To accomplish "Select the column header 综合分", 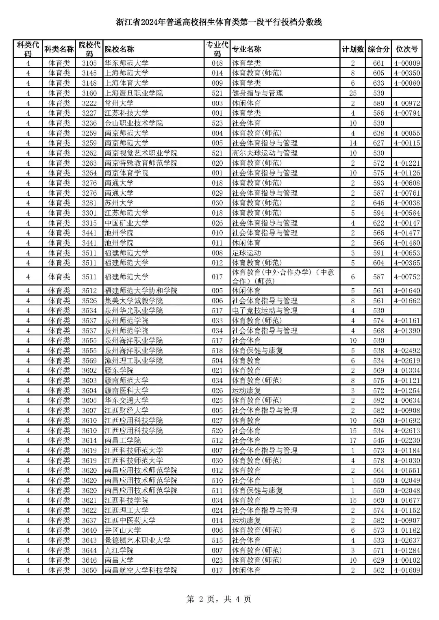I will click(x=378, y=49).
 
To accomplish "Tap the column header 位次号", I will click(x=407, y=49).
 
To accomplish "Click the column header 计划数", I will click(x=352, y=49).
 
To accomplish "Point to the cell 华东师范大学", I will click(x=127, y=63).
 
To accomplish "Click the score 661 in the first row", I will click(x=378, y=63).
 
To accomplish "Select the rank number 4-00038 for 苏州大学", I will click(x=407, y=203).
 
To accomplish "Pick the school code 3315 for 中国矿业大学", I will click(x=89, y=223).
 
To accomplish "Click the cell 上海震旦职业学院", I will click(x=134, y=93).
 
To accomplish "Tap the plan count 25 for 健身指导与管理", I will click(x=352, y=93).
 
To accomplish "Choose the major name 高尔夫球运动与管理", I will click(x=265, y=153).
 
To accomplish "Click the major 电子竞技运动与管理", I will click(x=265, y=311).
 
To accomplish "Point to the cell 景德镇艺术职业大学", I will click(x=137, y=540).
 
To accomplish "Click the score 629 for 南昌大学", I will click(x=378, y=560).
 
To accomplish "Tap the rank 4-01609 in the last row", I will click(x=407, y=570).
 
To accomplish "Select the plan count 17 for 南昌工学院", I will click(x=352, y=441).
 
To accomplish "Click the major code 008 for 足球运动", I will click(x=217, y=253).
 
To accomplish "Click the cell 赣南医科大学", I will click(x=127, y=391).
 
